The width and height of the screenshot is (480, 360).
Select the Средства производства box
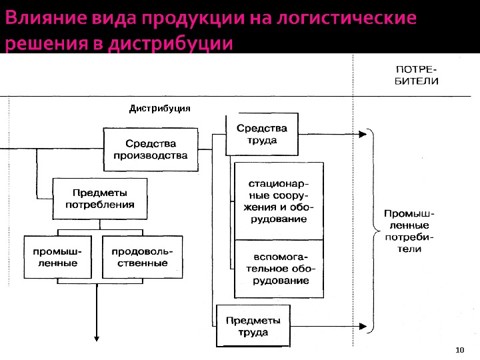pos(151,149)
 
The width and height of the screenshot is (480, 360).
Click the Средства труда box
pos(261,134)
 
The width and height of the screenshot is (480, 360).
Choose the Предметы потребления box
pos(100,199)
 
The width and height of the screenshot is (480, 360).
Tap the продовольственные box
pos(142,257)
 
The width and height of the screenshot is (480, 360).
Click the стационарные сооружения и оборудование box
pos(277,201)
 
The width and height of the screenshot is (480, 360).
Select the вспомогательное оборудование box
pos(277,269)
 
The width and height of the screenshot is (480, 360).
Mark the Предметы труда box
pos(253,325)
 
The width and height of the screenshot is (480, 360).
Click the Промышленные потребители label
pos(409,231)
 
